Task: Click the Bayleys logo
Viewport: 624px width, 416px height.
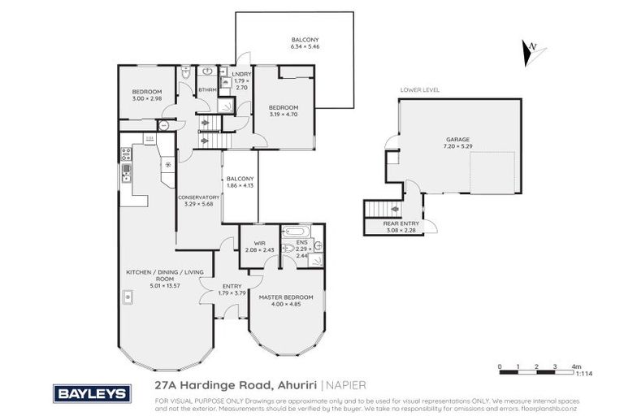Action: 92,394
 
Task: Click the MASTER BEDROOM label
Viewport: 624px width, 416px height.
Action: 285,297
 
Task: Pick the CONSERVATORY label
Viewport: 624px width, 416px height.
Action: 198,197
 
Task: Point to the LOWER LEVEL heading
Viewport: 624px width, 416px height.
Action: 419,90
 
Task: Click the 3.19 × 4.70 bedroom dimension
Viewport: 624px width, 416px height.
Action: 284,115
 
